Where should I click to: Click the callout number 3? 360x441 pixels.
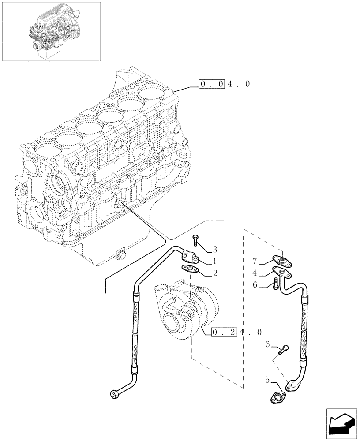tap(215, 249)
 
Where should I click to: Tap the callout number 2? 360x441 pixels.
tap(215, 273)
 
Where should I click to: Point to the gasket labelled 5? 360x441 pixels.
tap(278, 396)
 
